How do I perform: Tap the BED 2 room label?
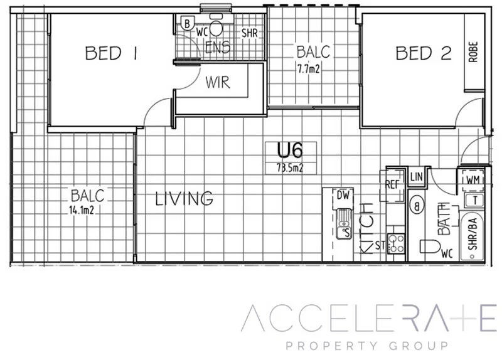tap(423, 54)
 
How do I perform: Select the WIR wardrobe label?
tap(216, 82)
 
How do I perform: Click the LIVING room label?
tap(184, 199)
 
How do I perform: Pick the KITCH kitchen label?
tap(367, 227)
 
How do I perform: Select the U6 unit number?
tap(290, 151)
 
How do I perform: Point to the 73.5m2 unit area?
tap(290, 167)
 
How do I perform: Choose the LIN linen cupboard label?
tap(416, 177)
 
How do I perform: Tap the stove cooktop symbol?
tap(395, 243)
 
